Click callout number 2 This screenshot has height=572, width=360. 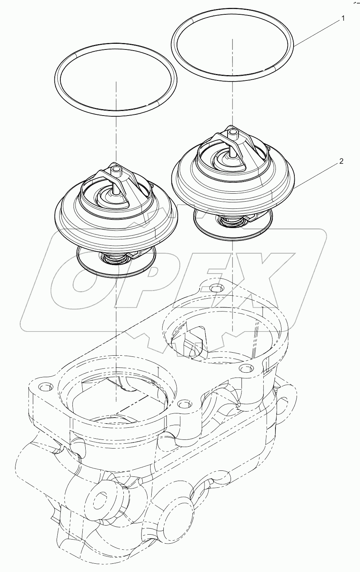[341, 161]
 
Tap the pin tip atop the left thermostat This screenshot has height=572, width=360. [116, 170]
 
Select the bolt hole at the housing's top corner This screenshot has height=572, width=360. [215, 289]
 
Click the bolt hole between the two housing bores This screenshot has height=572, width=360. [183, 404]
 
